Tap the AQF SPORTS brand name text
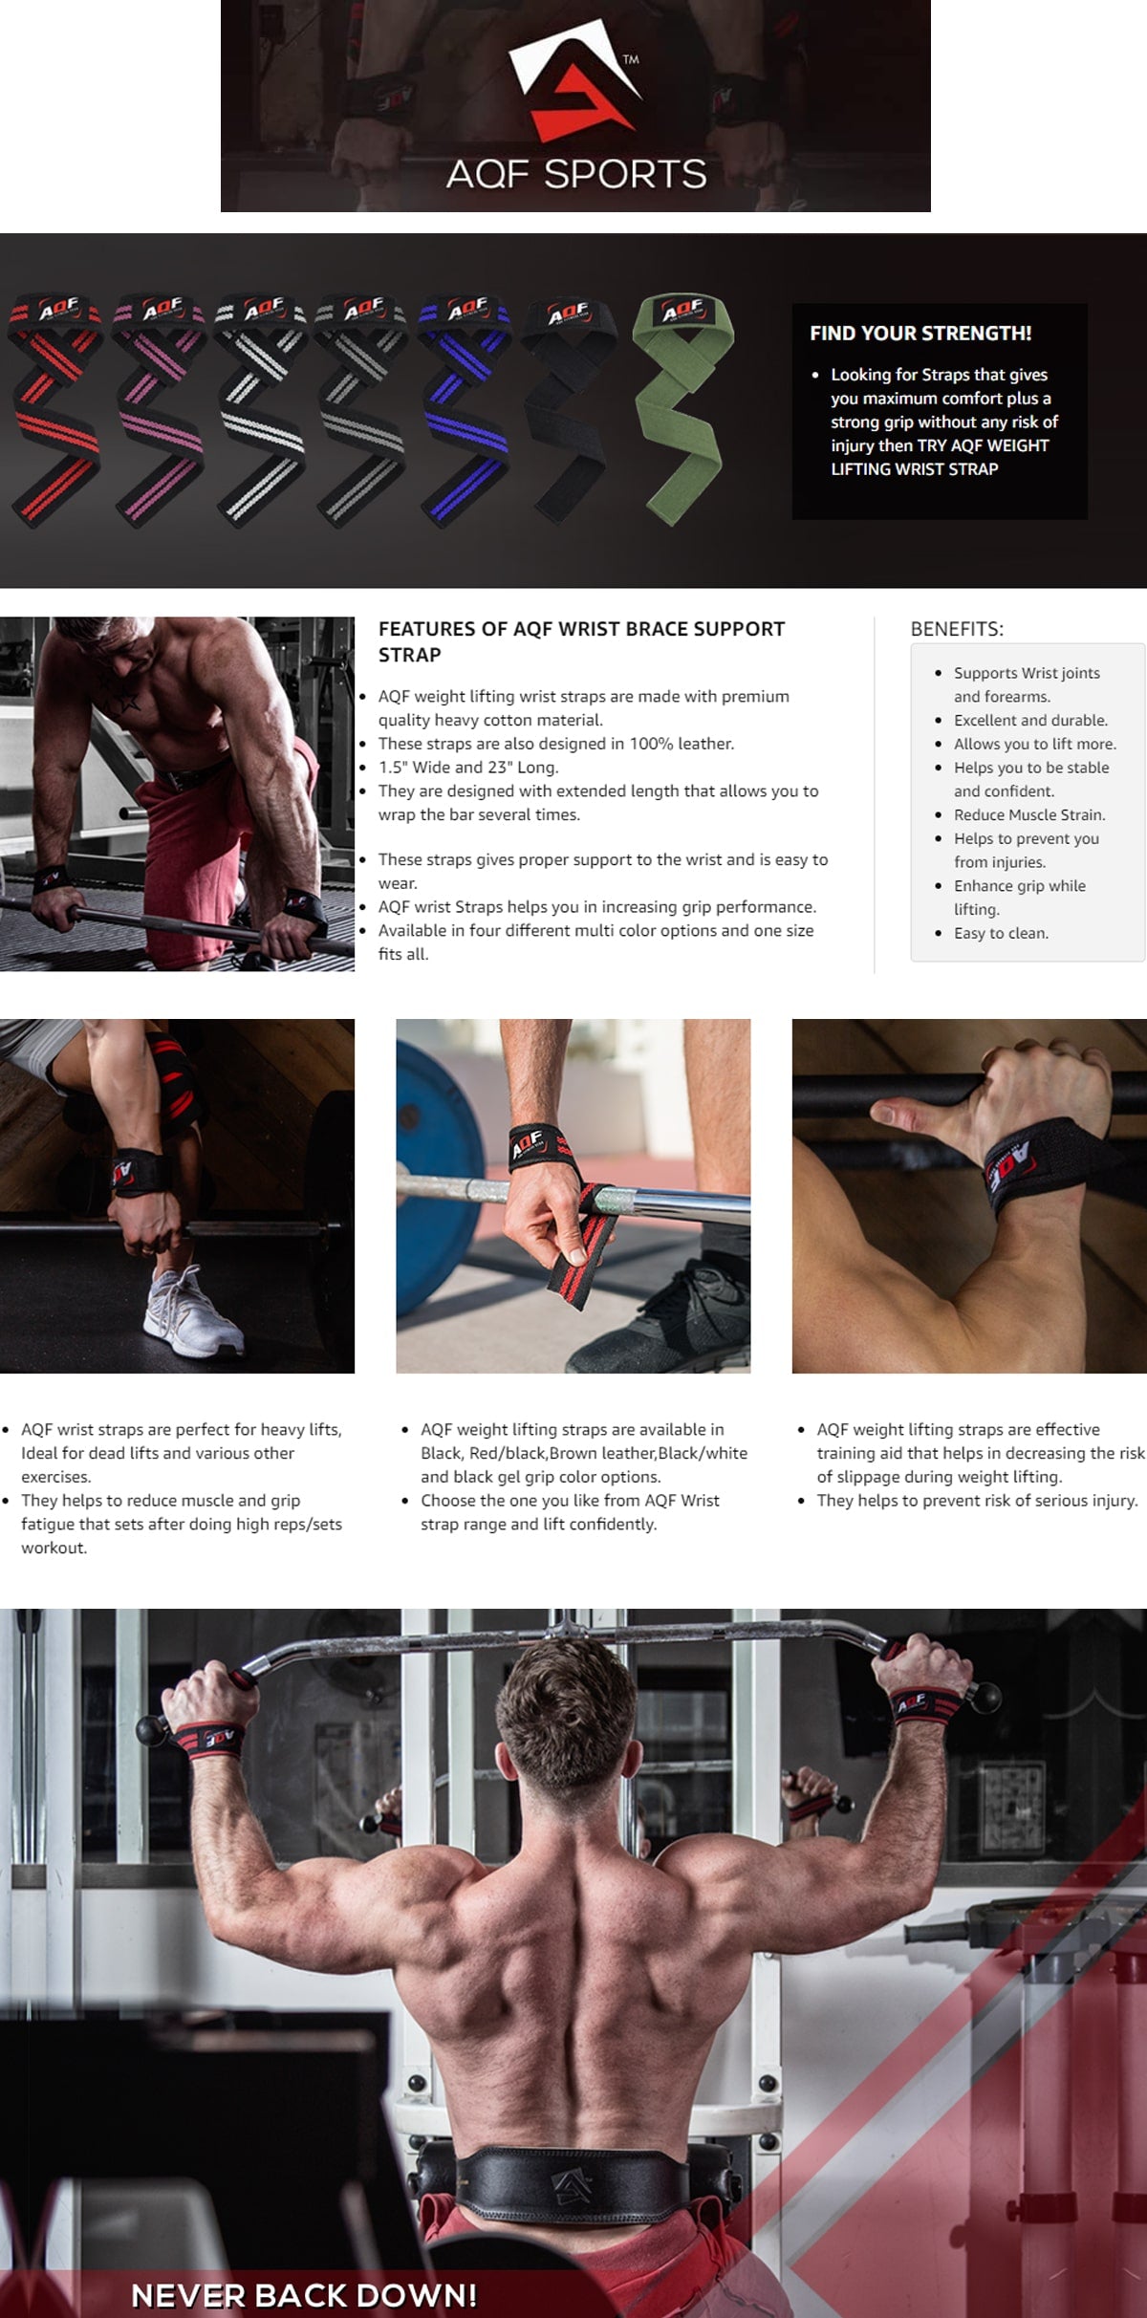click(x=576, y=174)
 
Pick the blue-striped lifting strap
click(x=467, y=410)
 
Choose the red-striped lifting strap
click(x=56, y=410)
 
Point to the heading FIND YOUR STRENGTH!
click(x=920, y=334)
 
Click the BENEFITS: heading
click(x=957, y=629)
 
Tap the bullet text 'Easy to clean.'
click(x=1001, y=933)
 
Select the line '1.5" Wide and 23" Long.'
click(x=468, y=767)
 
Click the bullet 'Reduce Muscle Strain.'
click(x=1029, y=814)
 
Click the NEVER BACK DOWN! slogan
click(x=304, y=2295)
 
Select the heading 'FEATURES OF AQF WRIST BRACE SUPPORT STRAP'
click(x=581, y=641)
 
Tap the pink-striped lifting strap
click(x=158, y=410)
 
